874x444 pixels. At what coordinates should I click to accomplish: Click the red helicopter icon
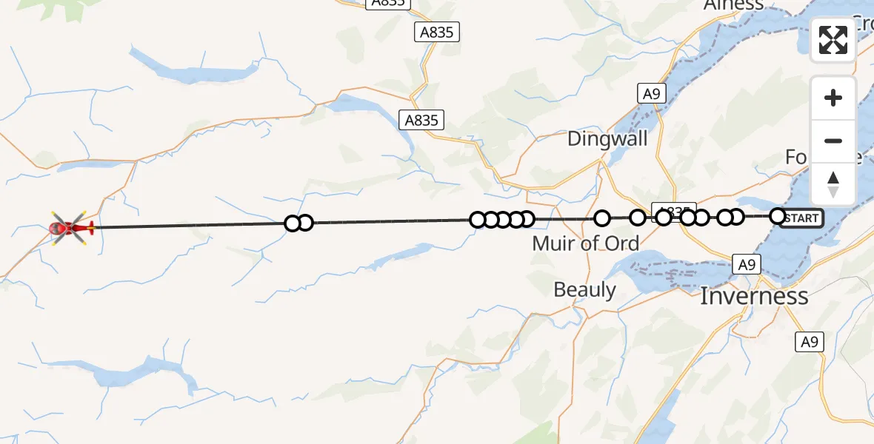(x=71, y=227)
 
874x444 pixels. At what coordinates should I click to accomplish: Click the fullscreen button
(x=833, y=40)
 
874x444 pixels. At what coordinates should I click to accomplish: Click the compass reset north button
(x=833, y=184)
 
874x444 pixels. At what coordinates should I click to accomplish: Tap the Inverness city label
(x=754, y=297)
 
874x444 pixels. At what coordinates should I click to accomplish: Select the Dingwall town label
(x=607, y=138)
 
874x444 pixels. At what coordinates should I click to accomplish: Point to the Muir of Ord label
(x=586, y=243)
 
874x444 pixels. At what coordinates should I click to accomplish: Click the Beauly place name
(x=584, y=290)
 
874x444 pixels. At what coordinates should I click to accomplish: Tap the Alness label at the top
(x=733, y=5)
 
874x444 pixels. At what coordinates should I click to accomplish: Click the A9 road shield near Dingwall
(x=651, y=94)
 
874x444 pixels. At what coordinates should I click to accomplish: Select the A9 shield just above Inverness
(x=746, y=263)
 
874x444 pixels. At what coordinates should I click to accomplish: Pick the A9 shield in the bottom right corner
(x=810, y=342)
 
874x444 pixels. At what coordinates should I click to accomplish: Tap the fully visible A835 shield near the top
(x=437, y=32)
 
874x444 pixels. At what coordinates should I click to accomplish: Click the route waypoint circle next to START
(x=778, y=216)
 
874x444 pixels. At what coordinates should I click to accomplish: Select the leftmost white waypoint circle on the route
(x=293, y=223)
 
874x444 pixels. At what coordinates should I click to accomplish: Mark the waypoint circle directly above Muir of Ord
(x=602, y=218)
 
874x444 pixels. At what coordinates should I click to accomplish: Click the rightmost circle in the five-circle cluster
(x=527, y=219)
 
